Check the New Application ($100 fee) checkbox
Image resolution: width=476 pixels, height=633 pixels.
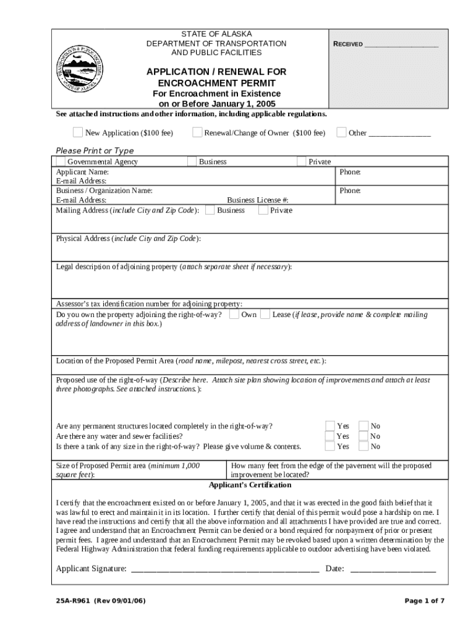(x=78, y=132)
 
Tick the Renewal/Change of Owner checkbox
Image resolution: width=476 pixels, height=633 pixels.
(x=197, y=132)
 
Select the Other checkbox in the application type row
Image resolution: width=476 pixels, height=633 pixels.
(x=341, y=132)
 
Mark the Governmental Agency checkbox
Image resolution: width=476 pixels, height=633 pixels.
(x=61, y=161)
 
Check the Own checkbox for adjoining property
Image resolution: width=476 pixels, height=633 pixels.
(x=234, y=314)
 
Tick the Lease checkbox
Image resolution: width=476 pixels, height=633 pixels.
(x=265, y=314)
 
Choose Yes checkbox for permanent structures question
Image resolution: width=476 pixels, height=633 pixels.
(x=330, y=425)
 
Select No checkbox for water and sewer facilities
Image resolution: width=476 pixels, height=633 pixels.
(x=363, y=436)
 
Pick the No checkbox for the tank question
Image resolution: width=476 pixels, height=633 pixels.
(x=363, y=446)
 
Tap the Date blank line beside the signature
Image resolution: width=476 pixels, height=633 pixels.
(x=393, y=569)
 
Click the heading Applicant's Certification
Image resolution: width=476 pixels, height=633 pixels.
(x=247, y=485)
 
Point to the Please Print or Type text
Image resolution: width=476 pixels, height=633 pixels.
(x=95, y=151)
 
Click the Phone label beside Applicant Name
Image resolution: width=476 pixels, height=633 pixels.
(x=350, y=172)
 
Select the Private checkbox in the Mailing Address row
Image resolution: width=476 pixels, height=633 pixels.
(x=263, y=210)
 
